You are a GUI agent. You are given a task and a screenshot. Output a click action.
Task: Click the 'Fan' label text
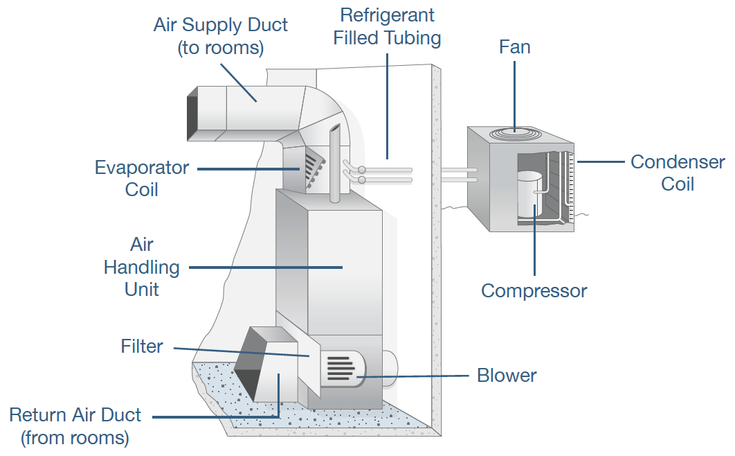pyautogui.click(x=514, y=47)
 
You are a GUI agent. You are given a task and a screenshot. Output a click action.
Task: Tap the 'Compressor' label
pyautogui.click(x=534, y=290)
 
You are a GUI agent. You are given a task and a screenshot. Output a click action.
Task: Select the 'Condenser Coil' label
pyautogui.click(x=677, y=173)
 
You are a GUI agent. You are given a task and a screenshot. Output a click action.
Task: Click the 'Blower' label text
pyautogui.click(x=507, y=376)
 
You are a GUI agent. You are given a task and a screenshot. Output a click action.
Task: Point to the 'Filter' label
pyautogui.click(x=142, y=346)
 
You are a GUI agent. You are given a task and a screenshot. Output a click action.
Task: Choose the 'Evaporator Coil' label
pyautogui.click(x=142, y=178)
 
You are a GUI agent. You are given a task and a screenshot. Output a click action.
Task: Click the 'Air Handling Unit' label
pyautogui.click(x=142, y=267)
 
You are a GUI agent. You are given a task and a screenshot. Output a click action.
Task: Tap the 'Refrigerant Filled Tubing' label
pyautogui.click(x=387, y=26)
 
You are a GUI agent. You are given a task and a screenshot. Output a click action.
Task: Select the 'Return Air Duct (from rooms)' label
pyautogui.click(x=75, y=426)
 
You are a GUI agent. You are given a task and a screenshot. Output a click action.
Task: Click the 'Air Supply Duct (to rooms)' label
pyautogui.click(x=221, y=37)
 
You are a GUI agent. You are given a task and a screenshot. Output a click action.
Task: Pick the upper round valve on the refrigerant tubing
pyautogui.click(x=361, y=169)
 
